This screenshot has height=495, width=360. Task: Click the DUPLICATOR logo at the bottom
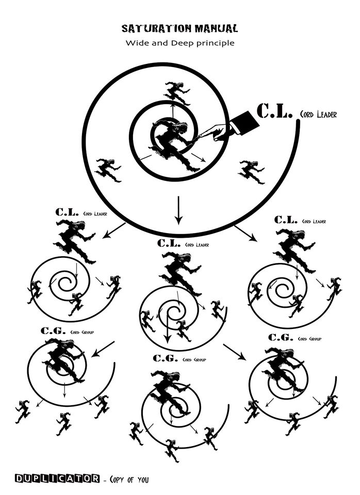57,479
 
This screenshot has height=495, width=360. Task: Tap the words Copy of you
128,480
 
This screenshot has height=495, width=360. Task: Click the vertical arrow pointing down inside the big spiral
178,210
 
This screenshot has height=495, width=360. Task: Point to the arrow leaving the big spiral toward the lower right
246,233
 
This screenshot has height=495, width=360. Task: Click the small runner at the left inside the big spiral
109,170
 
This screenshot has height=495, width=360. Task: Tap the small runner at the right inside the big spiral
251,171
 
